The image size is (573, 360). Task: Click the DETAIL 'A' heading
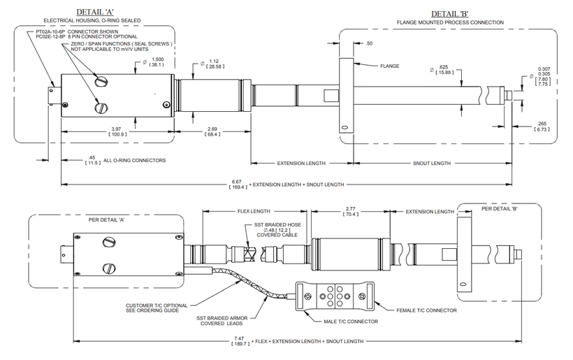[x=94, y=13]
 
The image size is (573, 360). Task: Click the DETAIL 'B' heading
[x=449, y=14]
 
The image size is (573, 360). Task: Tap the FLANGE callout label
[x=389, y=66]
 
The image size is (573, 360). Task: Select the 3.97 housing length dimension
[x=116, y=131]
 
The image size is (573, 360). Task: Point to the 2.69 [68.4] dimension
[x=212, y=131]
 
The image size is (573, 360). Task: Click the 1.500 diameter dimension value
[x=157, y=62]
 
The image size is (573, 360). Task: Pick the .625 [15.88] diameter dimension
[x=444, y=70]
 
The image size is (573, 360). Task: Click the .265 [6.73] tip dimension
[x=542, y=127]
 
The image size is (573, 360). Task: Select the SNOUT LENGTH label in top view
[x=432, y=164]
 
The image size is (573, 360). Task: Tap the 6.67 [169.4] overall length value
[x=238, y=185]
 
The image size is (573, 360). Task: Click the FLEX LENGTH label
[x=254, y=211]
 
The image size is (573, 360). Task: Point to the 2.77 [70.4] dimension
[x=350, y=212]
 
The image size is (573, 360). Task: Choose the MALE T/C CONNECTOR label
[x=351, y=322]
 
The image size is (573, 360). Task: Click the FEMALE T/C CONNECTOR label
[x=426, y=310]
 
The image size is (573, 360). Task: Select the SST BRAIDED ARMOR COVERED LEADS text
[x=222, y=321]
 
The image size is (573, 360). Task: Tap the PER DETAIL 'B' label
[x=499, y=209]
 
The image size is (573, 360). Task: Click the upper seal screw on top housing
[x=101, y=81]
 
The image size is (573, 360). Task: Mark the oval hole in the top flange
[x=344, y=129]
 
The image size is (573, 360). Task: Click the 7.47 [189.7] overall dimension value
[x=240, y=341]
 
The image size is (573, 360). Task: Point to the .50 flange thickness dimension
[x=369, y=43]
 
